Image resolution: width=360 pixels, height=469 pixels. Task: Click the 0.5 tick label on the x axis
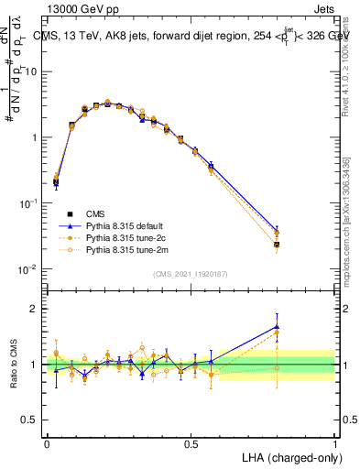pos(191,442)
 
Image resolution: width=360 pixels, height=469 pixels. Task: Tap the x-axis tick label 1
pos(335,442)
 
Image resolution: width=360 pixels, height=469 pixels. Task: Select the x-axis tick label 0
pos(48,442)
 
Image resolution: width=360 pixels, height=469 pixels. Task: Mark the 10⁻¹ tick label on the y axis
pos(28,203)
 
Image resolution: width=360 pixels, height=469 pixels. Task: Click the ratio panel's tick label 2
pos(37,309)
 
